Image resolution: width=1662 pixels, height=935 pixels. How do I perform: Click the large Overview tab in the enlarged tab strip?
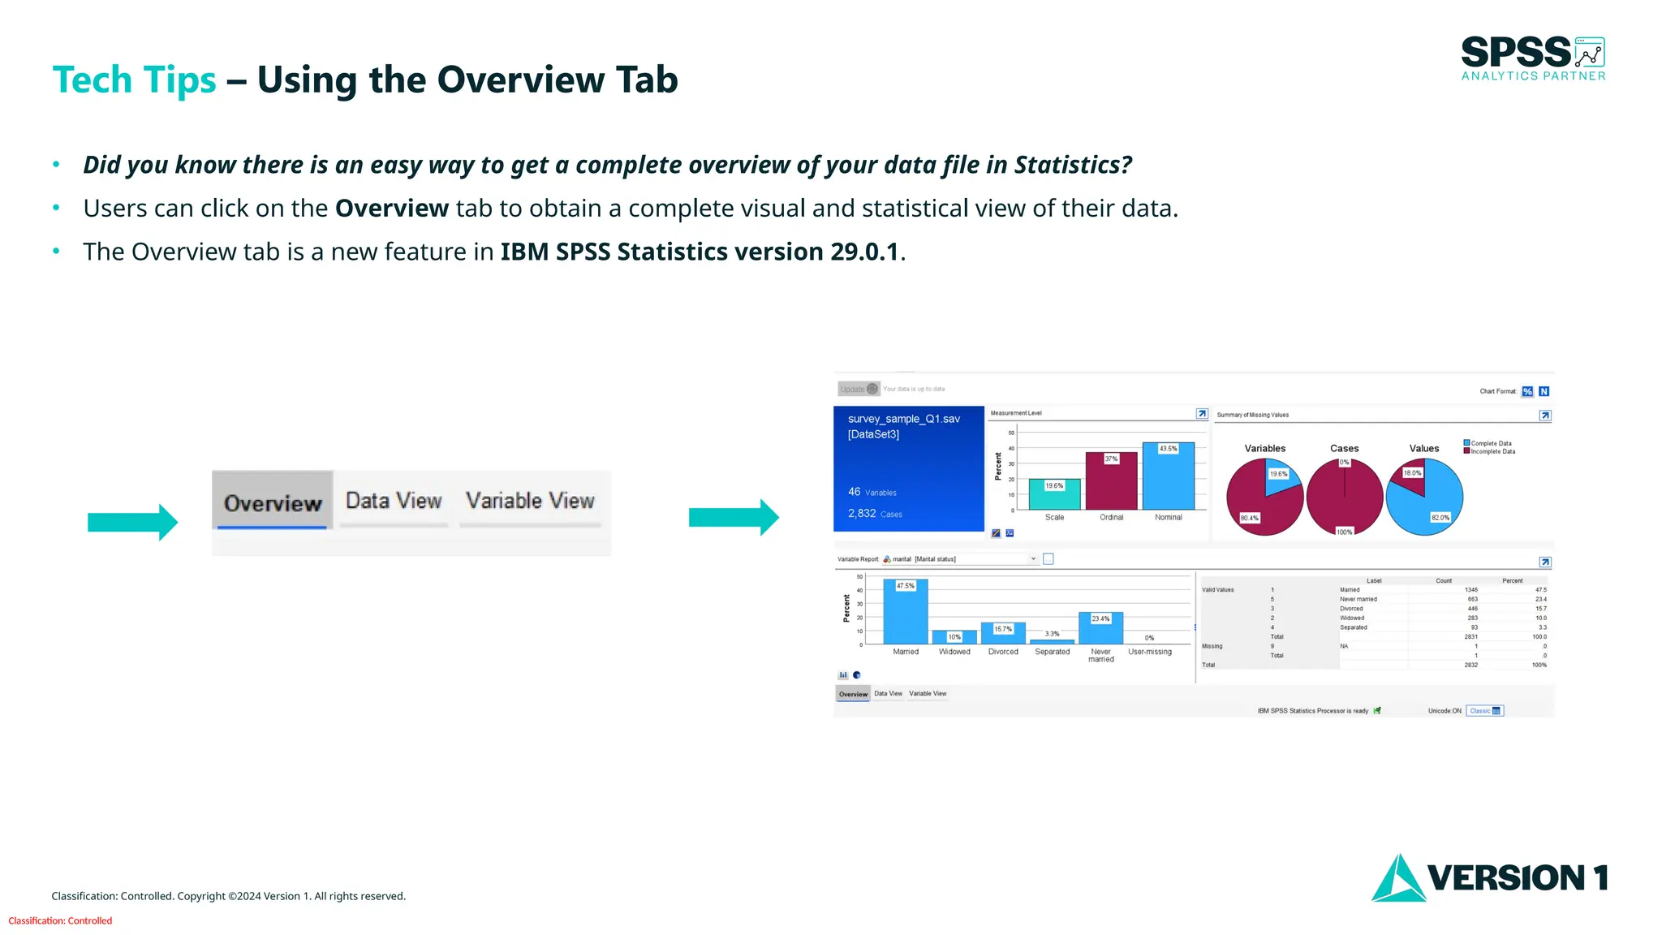coord(273,502)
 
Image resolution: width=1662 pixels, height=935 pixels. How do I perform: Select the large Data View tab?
coord(394,501)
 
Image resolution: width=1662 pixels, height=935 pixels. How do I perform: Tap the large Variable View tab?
coord(530,501)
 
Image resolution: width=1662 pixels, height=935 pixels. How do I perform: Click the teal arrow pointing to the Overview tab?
coord(132,523)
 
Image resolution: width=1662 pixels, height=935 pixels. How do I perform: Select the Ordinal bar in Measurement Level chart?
coord(1111,482)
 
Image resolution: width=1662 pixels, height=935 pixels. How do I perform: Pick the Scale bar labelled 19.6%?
coord(1054,495)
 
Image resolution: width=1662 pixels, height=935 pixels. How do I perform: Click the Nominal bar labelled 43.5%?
coord(1168,477)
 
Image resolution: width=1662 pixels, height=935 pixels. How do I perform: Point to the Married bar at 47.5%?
coord(906,612)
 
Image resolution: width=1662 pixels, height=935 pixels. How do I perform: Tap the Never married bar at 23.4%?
coord(1100,629)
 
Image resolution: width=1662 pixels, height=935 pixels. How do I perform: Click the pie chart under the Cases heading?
coord(1344,497)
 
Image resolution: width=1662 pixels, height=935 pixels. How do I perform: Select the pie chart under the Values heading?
coord(1424,497)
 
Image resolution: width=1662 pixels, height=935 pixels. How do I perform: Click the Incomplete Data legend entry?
coord(1491,451)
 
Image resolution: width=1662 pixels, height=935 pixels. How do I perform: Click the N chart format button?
coord(1544,391)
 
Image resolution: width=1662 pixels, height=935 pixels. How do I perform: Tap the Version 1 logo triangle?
coord(1397,880)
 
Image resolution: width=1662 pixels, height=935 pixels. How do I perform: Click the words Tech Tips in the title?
coord(134,80)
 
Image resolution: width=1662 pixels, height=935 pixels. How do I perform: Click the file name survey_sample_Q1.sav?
coord(903,419)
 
